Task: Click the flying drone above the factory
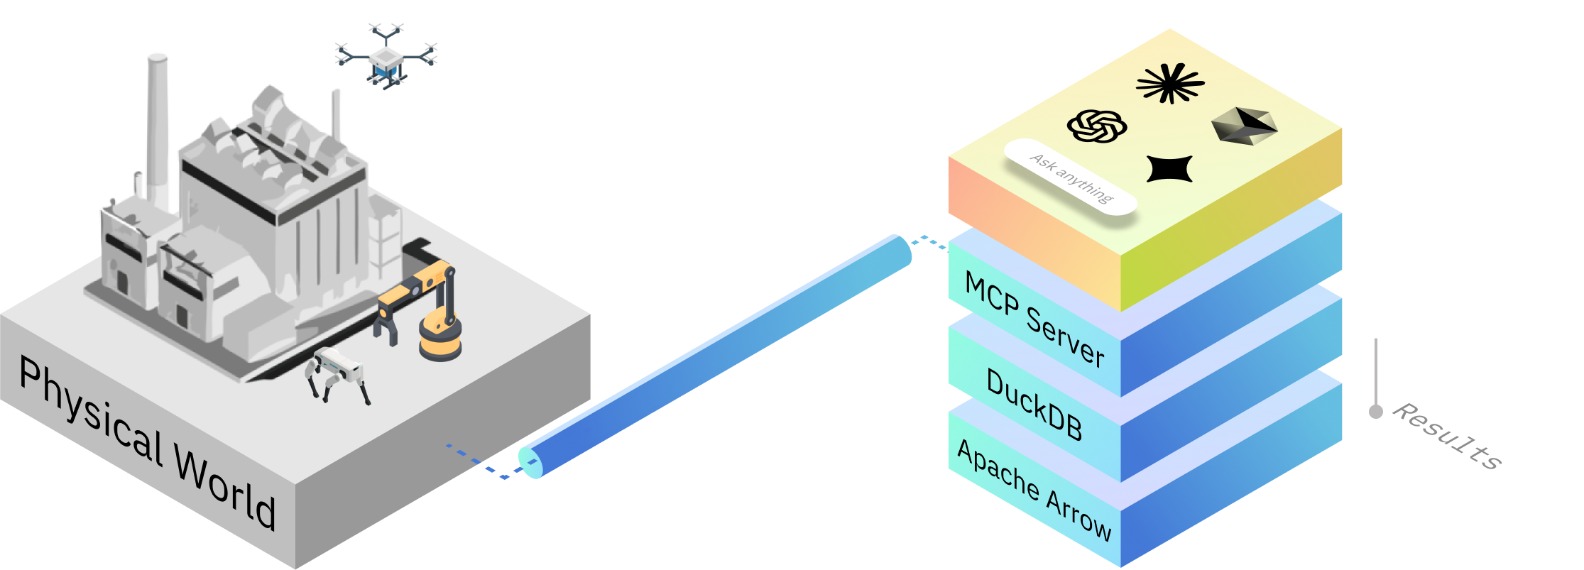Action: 386,56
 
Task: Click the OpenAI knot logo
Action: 1097,126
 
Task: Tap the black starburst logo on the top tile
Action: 1170,83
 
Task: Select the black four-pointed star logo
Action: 1169,169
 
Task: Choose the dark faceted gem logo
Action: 1244,126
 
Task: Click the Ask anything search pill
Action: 1071,177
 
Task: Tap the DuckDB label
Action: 1034,405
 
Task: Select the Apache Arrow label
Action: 1034,490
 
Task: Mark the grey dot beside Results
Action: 1376,412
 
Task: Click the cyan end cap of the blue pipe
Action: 530,462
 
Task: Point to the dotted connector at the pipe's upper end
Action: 929,243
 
